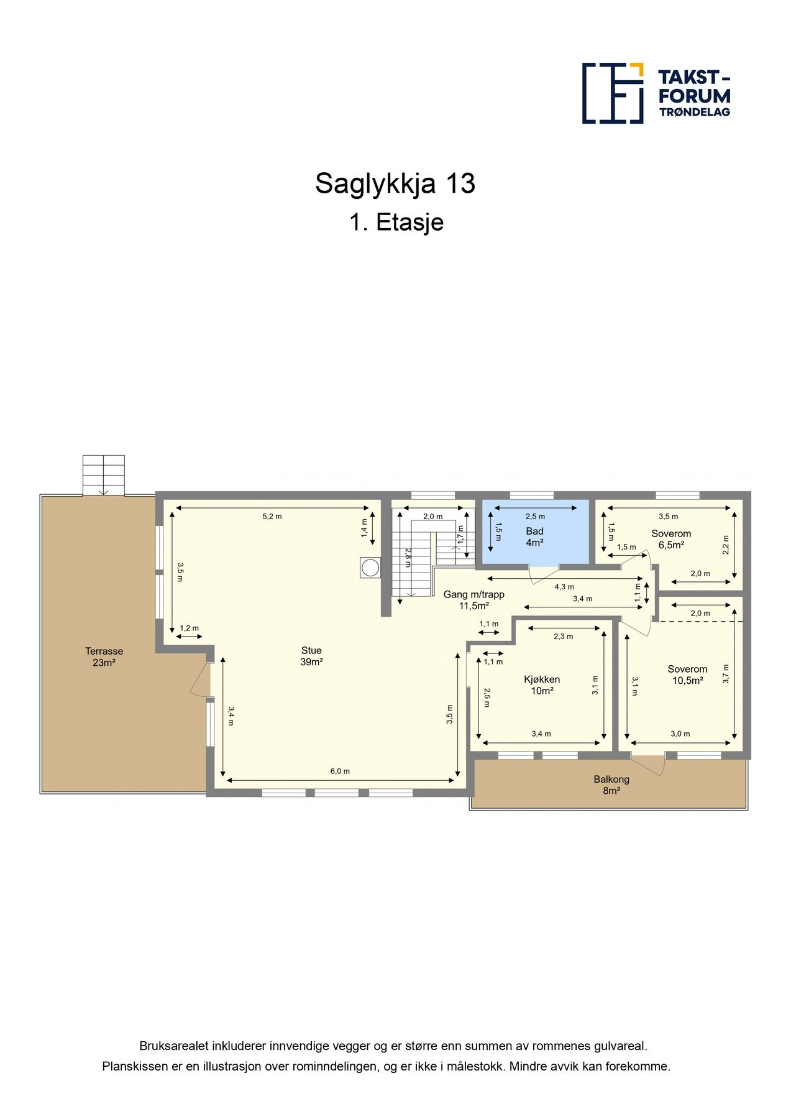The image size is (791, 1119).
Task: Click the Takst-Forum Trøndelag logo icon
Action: pos(612,93)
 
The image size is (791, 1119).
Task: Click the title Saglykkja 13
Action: pos(395,183)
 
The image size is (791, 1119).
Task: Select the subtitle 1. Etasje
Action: pos(396,222)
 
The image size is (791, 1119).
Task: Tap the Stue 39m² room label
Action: pos(311,656)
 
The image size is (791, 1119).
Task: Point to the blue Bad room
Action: pos(535,532)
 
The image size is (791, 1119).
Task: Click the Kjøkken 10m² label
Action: pos(542,685)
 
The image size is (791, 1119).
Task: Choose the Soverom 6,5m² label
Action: pos(671,539)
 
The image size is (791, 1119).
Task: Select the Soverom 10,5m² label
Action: pos(687,675)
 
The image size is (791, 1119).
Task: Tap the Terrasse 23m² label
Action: pos(104,656)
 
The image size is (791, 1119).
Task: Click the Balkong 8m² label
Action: pos(611,785)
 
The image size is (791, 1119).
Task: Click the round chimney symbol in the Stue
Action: pos(370,568)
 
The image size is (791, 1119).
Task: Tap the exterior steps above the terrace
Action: pos(104,475)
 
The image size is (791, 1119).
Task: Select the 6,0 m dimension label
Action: pos(340,771)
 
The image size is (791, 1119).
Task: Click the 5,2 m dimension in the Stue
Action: pos(272,517)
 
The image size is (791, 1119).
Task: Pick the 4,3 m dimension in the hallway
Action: pos(564,587)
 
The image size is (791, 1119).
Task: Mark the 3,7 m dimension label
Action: pos(725,674)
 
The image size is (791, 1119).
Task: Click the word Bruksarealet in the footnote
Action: pos(174,1046)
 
